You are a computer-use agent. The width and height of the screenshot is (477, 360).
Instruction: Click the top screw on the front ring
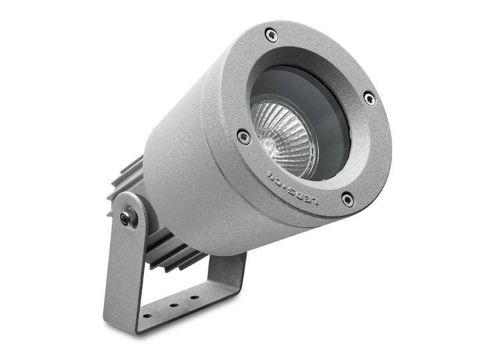coord(271,35)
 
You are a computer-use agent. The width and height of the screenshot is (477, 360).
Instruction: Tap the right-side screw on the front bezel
coord(369,99)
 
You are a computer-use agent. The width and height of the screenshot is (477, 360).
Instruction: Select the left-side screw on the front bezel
coord(244,137)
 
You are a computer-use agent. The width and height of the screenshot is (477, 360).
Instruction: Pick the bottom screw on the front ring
coord(347,199)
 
